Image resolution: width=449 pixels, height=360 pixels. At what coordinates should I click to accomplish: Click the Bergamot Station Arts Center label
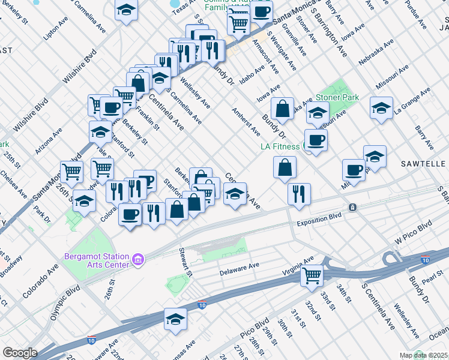96,260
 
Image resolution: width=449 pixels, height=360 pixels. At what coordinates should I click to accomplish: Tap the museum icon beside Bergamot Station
138,260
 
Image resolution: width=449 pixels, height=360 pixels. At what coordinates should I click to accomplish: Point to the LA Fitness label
280,146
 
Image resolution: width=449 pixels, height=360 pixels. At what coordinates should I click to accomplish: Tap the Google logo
20,352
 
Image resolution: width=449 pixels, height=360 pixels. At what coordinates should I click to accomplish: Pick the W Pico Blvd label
414,232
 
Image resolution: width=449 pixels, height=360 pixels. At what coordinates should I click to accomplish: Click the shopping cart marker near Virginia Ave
312,275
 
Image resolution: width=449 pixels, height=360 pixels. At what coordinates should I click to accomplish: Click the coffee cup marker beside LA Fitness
316,140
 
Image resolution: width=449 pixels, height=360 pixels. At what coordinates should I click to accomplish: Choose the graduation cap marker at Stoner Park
317,112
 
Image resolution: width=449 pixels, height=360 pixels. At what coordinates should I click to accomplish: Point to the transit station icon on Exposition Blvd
353,208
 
